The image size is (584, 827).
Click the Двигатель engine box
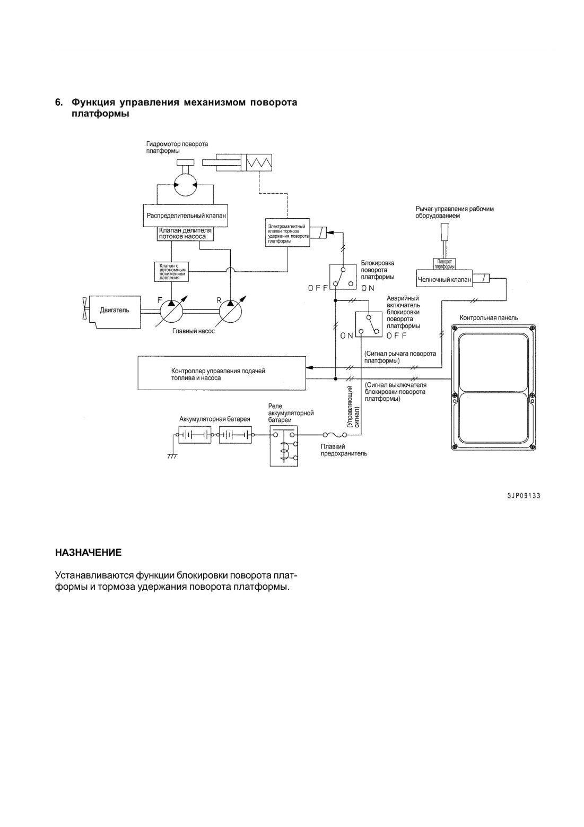click(115, 312)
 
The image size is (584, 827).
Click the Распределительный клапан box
click(186, 215)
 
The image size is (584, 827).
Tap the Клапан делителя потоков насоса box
click(186, 234)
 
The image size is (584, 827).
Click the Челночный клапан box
click(444, 280)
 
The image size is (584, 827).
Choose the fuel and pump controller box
click(222, 373)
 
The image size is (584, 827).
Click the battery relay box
click(284, 446)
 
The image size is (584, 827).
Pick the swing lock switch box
click(343, 276)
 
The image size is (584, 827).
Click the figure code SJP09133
click(524, 495)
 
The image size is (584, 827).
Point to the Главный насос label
click(193, 331)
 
